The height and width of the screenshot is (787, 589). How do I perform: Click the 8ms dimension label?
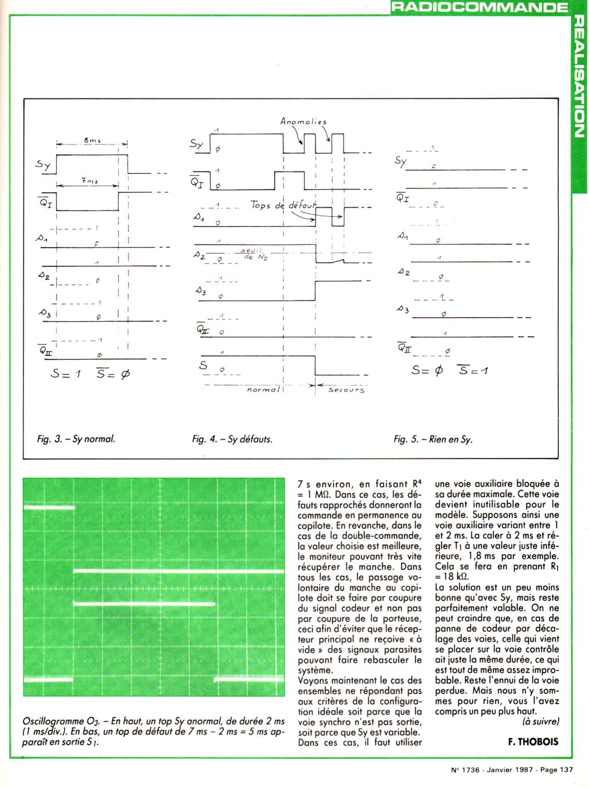(x=91, y=140)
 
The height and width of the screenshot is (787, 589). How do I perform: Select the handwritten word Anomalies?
(x=303, y=122)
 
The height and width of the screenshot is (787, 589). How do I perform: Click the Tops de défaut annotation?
(x=283, y=206)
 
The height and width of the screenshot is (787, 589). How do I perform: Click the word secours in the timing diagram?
(x=346, y=390)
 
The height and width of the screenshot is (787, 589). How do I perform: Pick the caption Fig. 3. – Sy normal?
(x=76, y=439)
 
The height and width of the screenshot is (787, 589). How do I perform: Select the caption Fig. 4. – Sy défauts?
(x=232, y=439)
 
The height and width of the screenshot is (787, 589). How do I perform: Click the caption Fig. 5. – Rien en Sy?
(x=433, y=440)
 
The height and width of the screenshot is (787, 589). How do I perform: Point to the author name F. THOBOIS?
(x=534, y=741)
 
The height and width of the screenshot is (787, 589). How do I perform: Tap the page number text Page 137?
(x=556, y=769)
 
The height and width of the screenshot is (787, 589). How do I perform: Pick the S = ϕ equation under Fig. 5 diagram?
(x=427, y=370)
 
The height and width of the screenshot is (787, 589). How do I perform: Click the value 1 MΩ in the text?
(x=317, y=494)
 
